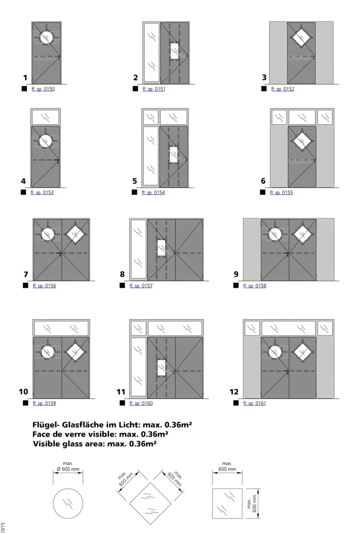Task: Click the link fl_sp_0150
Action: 43,89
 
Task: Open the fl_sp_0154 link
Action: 153,193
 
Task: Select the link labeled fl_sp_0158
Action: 254,286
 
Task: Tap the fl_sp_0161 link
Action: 254,403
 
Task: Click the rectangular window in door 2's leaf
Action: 175,51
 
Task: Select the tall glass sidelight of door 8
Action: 138,248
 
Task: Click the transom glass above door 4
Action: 45,117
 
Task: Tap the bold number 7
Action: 26,274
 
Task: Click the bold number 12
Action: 234,392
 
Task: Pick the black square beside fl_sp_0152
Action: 264,89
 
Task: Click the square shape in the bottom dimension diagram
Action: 227,503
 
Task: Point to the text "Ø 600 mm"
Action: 68,469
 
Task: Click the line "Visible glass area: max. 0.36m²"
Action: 94,444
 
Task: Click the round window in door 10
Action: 47,352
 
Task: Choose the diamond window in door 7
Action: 75,234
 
